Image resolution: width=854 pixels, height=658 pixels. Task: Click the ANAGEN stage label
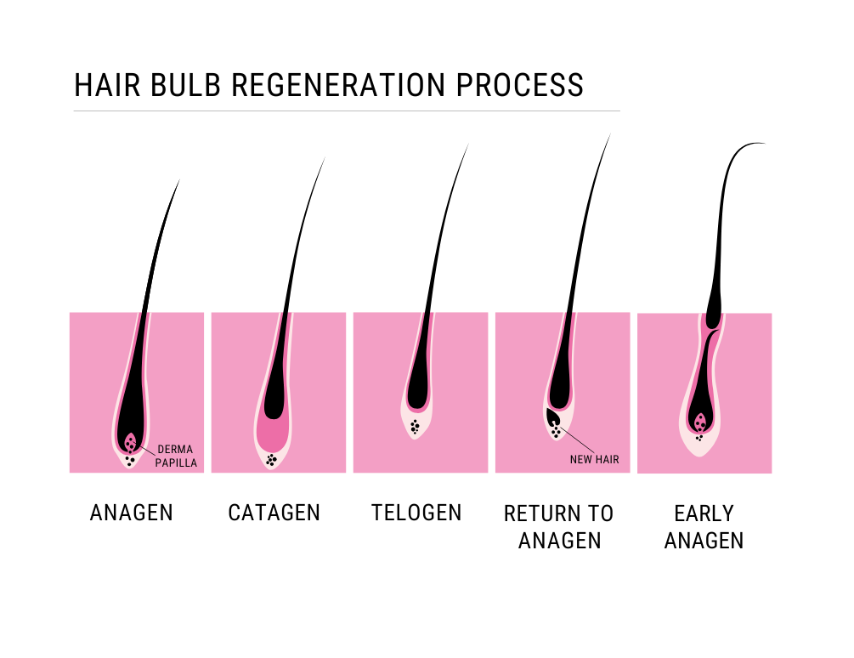coord(132,513)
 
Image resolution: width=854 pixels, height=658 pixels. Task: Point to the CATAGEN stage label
coord(274,513)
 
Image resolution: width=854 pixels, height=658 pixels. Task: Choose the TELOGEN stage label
coord(416,513)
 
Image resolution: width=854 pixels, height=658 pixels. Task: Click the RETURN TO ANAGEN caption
coord(558,526)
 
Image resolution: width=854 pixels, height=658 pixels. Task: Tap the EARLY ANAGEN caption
coord(704,526)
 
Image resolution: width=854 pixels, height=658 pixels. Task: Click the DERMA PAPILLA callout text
coord(177,457)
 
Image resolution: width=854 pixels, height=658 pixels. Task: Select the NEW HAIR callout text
coord(594,460)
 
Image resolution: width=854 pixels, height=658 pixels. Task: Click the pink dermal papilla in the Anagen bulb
coord(130,442)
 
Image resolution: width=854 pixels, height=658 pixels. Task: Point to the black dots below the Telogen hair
coord(415,427)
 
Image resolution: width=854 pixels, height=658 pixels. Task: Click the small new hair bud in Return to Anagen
coord(553,417)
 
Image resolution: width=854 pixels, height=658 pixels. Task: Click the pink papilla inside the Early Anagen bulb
coord(700,423)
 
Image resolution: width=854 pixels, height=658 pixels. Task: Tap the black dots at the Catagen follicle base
coord(272,460)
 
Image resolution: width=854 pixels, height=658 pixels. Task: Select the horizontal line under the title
coord(347,111)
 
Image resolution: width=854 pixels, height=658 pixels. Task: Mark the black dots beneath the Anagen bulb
coord(129,461)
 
